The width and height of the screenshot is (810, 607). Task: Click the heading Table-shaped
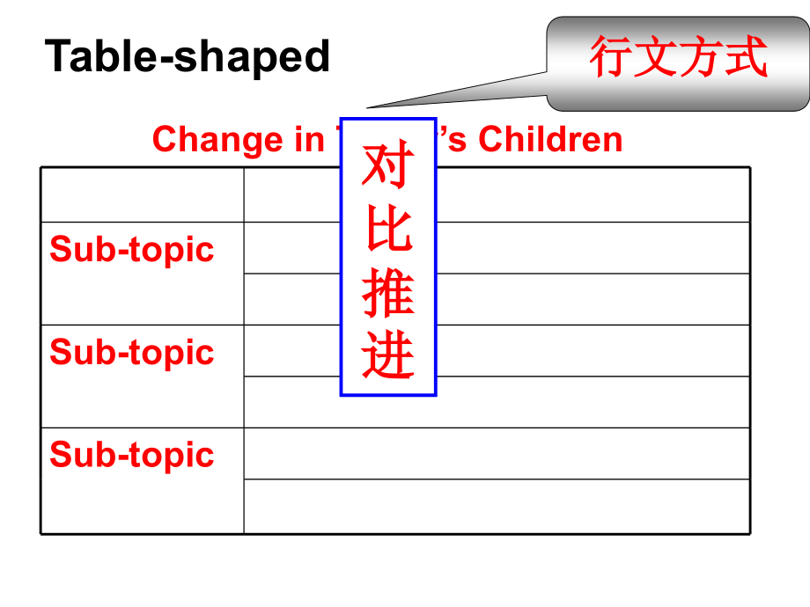(x=188, y=56)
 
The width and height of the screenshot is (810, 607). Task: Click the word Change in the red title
(x=209, y=140)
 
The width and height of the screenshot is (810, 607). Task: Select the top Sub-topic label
(x=132, y=250)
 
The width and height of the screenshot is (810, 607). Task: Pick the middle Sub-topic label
(x=132, y=353)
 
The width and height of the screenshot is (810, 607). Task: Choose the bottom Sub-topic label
(x=132, y=456)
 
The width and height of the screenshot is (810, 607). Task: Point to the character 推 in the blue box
(x=388, y=293)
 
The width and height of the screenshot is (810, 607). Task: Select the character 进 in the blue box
(x=388, y=357)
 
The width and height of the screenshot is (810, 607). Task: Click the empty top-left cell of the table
(x=142, y=194)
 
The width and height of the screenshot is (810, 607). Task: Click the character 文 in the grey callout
(x=656, y=57)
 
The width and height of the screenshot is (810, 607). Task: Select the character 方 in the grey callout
(x=701, y=57)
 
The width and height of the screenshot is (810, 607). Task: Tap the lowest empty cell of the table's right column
(x=497, y=507)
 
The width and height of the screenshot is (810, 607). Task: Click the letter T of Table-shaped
(x=57, y=56)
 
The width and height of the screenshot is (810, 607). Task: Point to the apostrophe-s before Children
(x=459, y=140)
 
